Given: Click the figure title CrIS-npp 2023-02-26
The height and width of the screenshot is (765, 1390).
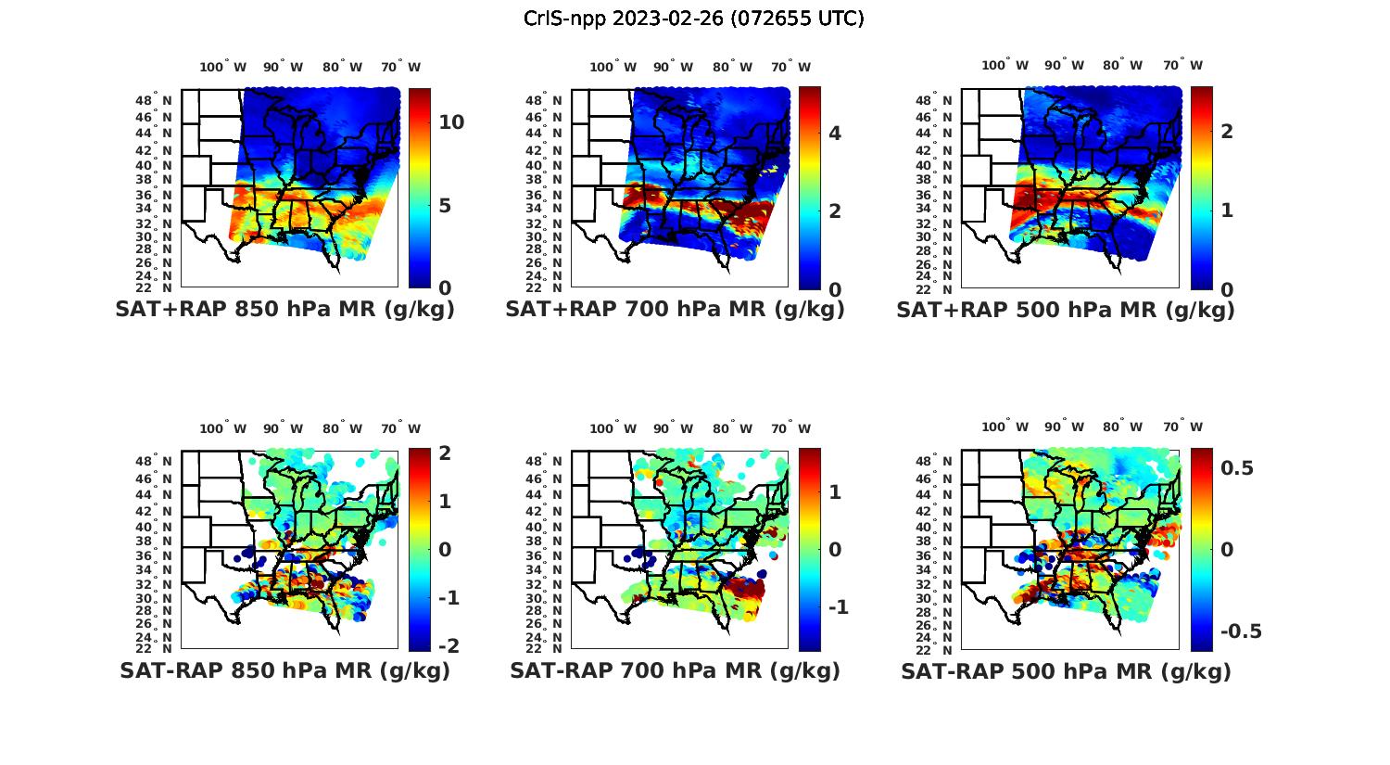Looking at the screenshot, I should [x=693, y=19].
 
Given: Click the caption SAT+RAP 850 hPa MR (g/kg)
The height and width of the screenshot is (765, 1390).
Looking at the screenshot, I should [x=284, y=310].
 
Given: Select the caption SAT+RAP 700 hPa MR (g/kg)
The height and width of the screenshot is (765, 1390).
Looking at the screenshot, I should [x=675, y=310].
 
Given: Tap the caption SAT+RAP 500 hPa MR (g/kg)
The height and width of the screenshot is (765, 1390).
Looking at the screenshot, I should [x=1066, y=310].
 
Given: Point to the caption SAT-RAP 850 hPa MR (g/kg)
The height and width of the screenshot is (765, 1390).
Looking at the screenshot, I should [x=284, y=670].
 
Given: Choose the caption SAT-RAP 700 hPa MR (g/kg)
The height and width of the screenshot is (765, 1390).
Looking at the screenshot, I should [x=675, y=670].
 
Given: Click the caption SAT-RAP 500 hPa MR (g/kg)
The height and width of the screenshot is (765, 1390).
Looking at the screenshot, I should [x=1066, y=670].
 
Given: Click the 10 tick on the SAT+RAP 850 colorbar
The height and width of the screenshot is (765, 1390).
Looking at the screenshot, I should [x=451, y=122].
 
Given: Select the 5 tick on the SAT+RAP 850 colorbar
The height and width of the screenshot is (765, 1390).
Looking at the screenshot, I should [x=444, y=205].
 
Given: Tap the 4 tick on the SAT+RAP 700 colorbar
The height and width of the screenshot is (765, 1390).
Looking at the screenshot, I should [x=835, y=134].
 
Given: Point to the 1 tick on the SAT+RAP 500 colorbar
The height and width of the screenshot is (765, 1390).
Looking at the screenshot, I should [x=1227, y=210].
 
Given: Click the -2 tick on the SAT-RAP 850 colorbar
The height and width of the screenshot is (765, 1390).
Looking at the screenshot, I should [x=449, y=645].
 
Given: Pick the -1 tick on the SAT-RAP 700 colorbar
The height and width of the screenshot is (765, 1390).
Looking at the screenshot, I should [x=839, y=607].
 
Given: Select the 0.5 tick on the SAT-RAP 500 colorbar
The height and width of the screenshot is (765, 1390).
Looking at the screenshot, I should [x=1237, y=468].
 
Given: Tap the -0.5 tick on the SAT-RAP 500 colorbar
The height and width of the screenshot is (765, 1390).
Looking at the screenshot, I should [x=1241, y=631].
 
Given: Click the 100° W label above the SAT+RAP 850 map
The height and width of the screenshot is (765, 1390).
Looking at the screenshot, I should [x=223, y=67].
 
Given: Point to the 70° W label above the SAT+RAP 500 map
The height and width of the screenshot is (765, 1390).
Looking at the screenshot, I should [x=1182, y=65].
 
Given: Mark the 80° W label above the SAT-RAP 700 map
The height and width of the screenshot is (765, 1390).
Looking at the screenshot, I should [x=733, y=428].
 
